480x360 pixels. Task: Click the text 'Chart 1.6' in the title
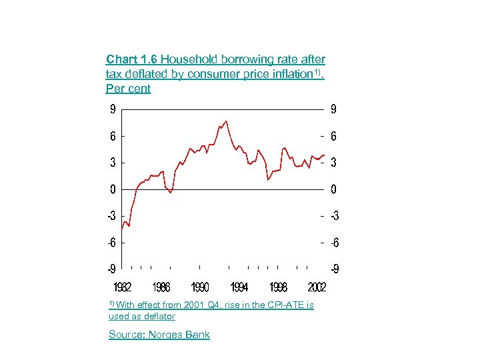132,60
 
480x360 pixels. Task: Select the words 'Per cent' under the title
128,89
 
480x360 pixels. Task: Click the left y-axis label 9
113,109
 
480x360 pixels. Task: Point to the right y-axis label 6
334,136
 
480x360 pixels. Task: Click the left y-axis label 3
113,163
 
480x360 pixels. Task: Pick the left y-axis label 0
113,189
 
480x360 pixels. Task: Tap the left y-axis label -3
111,216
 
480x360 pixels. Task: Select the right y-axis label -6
333,243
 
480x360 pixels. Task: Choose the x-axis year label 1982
121,287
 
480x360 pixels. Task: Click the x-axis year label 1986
161,287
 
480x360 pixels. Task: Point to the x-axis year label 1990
200,287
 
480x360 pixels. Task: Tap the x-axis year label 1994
239,287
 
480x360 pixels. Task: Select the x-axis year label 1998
278,287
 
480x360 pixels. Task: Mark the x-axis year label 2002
317,287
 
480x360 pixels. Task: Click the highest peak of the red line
227,121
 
